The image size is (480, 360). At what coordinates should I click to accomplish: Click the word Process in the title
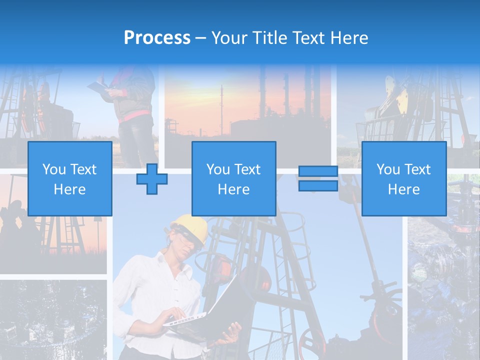coord(157,38)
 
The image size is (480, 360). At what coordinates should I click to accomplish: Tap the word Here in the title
coord(349,38)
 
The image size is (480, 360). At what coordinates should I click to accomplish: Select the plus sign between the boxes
coord(152,178)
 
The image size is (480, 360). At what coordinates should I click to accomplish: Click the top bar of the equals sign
coord(318,171)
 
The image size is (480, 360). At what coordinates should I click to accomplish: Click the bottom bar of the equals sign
coord(318,185)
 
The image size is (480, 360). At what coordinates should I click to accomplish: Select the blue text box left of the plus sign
coord(69,178)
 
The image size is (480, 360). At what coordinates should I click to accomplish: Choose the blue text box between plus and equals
coord(233,178)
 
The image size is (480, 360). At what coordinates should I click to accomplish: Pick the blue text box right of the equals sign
coord(403,178)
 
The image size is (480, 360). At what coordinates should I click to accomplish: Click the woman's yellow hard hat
coord(192,227)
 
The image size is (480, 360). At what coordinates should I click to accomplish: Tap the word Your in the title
coord(230,38)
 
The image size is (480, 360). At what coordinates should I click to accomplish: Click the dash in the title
coord(201,38)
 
